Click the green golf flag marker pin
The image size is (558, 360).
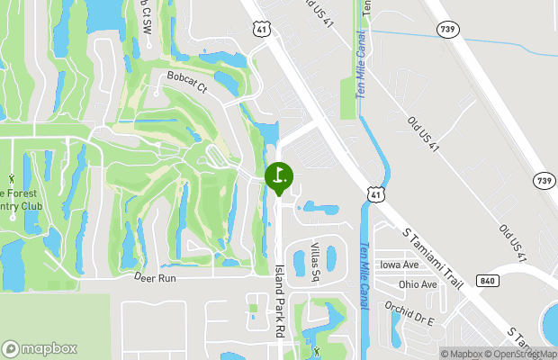279,176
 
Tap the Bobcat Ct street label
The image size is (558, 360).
184,88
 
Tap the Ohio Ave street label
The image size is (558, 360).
418,284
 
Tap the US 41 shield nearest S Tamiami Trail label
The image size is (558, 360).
375,193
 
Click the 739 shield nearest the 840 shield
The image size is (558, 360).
543,179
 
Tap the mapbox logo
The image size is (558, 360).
40,348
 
